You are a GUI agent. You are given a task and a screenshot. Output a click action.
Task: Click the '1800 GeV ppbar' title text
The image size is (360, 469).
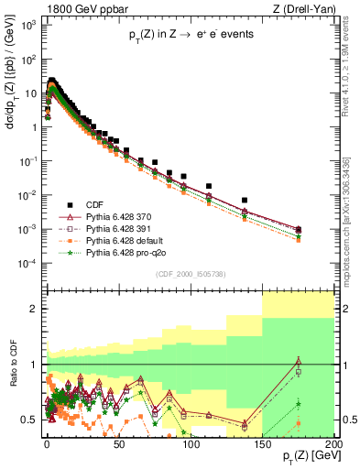click(x=47, y=8)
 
